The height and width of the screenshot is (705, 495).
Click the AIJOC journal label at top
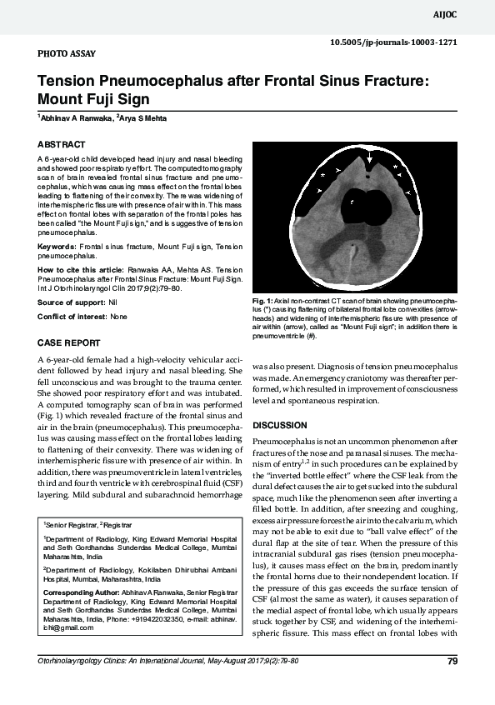pos(467,14)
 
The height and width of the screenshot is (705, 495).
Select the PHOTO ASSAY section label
pos(67,54)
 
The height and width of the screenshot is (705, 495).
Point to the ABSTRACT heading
pos(61,144)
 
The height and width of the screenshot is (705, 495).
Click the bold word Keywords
pos(57,247)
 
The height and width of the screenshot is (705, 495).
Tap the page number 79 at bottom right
pos(452,662)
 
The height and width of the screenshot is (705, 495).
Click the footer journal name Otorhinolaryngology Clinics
pos(92,661)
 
